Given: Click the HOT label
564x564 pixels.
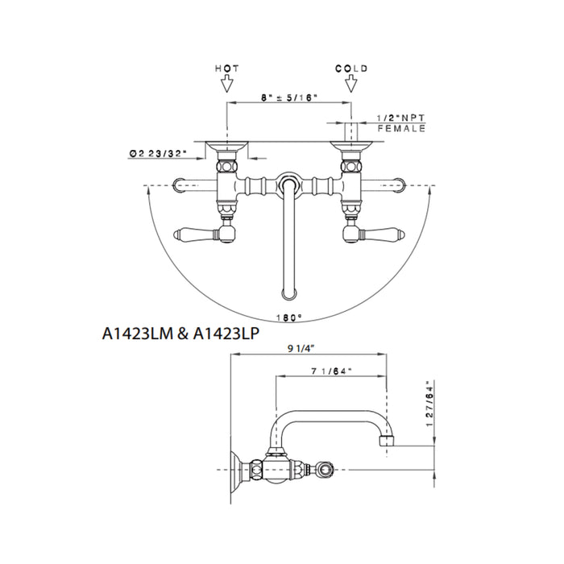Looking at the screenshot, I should tap(227, 69).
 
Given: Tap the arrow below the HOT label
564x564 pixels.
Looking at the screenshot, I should tap(227, 83).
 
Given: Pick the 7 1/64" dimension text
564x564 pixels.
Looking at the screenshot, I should tap(330, 373).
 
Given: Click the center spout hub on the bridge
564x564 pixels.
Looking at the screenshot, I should tap(288, 184).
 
